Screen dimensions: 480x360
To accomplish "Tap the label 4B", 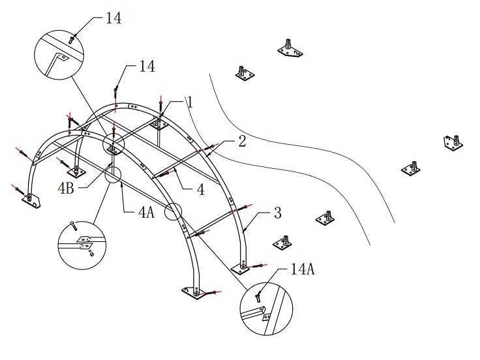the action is tap(66, 188).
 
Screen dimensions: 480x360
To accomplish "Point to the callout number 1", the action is tap(190, 102).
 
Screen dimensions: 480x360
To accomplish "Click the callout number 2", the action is tap(242, 141).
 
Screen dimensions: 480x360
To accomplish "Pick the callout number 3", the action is tap(277, 213).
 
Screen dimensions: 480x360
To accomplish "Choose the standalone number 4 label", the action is tap(200, 190).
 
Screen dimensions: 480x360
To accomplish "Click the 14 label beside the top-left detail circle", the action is tap(114, 18).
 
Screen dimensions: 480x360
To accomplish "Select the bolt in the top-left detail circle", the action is tap(72, 40).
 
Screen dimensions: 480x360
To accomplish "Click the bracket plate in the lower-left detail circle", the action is tap(85, 242).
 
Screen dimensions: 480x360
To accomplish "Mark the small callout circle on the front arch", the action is tap(173, 211).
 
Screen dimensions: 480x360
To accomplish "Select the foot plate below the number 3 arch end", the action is tap(241, 269).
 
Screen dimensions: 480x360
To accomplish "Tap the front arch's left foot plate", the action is tap(31, 201).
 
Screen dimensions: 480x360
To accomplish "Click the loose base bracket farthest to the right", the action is tap(453, 143).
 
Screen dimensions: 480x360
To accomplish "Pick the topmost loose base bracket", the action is tap(290, 50).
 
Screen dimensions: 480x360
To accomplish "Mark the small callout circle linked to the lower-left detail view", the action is tap(113, 175).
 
